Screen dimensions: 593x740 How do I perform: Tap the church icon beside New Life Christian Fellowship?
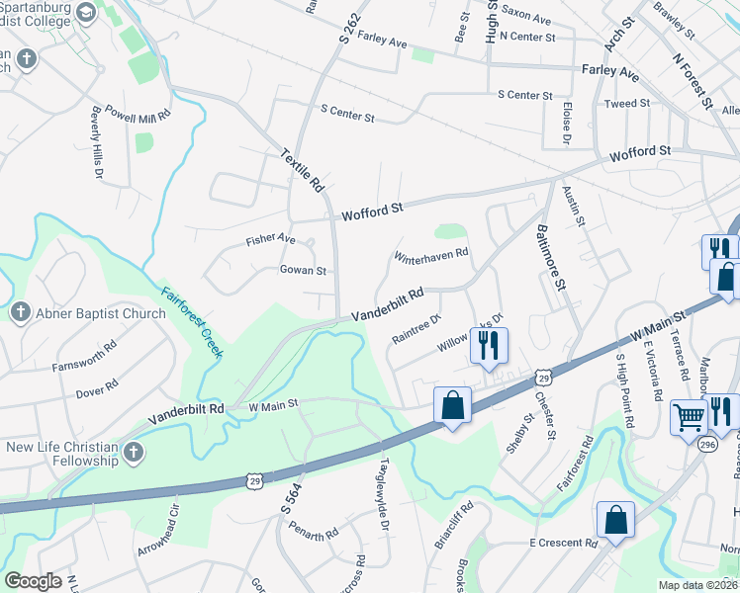tap(135, 455)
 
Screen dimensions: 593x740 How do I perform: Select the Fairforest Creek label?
tap(194, 314)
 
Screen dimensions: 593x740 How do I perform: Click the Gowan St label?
tap(303, 270)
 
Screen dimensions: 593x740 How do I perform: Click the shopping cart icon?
tap(689, 415)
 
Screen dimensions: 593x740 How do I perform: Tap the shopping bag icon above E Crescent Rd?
tap(615, 521)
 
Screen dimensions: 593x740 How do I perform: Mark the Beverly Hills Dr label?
tap(97, 142)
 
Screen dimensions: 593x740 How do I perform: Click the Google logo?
tap(33, 581)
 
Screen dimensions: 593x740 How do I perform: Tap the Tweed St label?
tap(626, 103)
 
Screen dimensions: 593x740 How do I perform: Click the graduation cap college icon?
tap(85, 13)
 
